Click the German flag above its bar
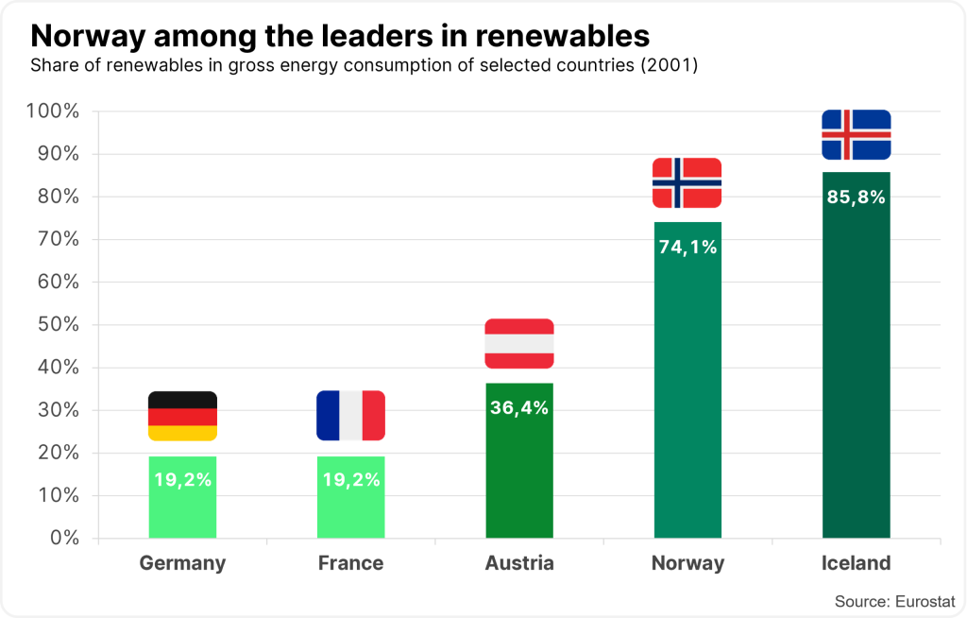click(x=182, y=416)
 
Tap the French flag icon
click(x=350, y=416)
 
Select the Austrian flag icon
click(x=519, y=344)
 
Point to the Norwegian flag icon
click(x=687, y=183)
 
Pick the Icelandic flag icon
click(x=856, y=135)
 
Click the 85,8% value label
click(x=856, y=197)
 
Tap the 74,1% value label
click(x=687, y=248)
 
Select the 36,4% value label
click(x=519, y=408)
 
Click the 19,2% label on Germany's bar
click(x=182, y=479)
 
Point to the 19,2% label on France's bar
click(x=350, y=479)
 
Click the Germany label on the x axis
click(x=182, y=563)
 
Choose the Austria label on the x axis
click(x=519, y=563)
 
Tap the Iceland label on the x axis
click(x=856, y=563)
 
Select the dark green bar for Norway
click(x=687, y=397)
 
